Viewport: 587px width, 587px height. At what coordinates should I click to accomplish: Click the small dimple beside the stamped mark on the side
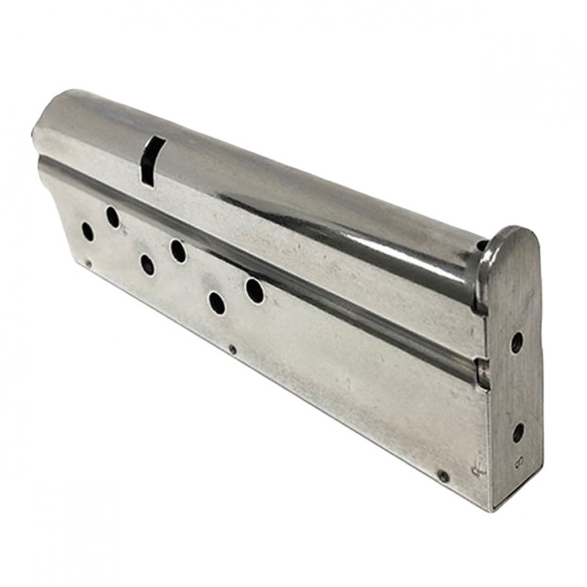[x=443, y=475]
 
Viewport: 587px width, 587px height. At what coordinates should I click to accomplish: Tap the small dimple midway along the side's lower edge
[x=233, y=350]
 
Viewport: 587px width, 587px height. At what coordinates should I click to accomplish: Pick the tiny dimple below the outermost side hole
[x=88, y=265]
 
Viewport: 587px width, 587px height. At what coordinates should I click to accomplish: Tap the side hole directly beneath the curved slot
[x=147, y=265]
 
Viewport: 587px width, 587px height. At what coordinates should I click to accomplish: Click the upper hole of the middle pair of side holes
[x=178, y=251]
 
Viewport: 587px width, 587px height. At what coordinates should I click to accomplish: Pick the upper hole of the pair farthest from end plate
[x=113, y=217]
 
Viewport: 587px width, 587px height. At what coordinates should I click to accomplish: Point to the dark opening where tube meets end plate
[x=483, y=248]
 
